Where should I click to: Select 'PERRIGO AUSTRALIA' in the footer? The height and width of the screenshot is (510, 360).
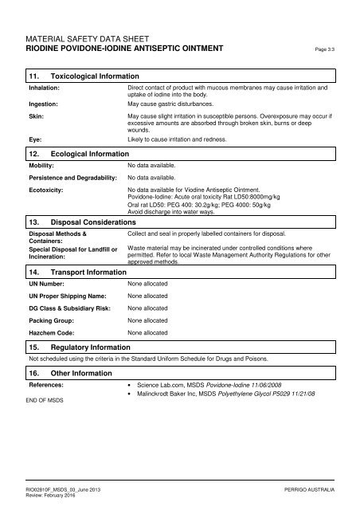[x=314, y=486]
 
